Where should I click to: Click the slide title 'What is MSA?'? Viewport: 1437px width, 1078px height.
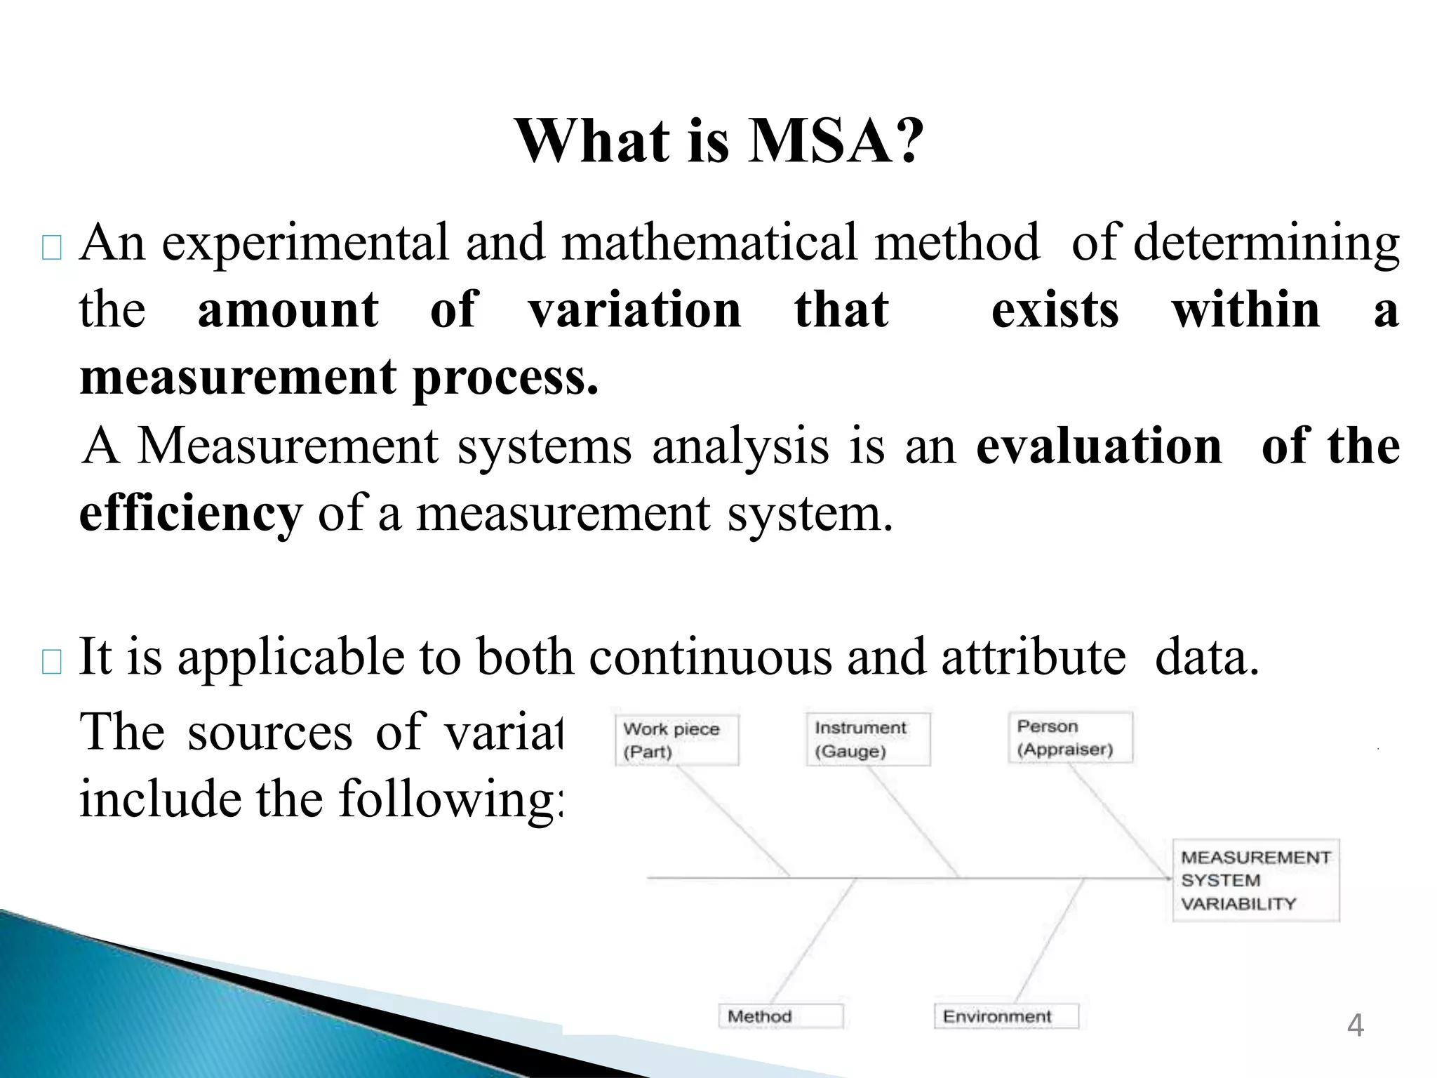(718, 142)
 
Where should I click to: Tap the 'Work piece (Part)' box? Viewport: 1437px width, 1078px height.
(676, 740)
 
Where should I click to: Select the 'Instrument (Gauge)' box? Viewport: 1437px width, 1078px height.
(867, 739)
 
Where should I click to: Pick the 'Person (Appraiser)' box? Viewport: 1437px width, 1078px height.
(1070, 738)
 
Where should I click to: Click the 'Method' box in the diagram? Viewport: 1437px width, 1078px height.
(780, 1016)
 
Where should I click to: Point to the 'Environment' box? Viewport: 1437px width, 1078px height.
(1005, 1016)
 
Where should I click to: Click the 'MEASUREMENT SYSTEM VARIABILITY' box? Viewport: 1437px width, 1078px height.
(1255, 880)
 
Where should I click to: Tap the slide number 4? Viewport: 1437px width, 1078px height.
(1355, 1025)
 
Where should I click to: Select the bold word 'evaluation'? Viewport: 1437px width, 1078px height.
(1099, 446)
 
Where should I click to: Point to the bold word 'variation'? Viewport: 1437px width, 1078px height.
(634, 310)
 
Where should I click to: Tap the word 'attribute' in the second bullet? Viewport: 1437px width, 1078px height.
(1033, 657)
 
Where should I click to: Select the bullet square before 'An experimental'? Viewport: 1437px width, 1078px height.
(52, 248)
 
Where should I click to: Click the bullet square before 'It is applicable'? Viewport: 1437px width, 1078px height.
(52, 662)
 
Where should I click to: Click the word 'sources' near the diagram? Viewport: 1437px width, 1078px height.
(269, 732)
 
